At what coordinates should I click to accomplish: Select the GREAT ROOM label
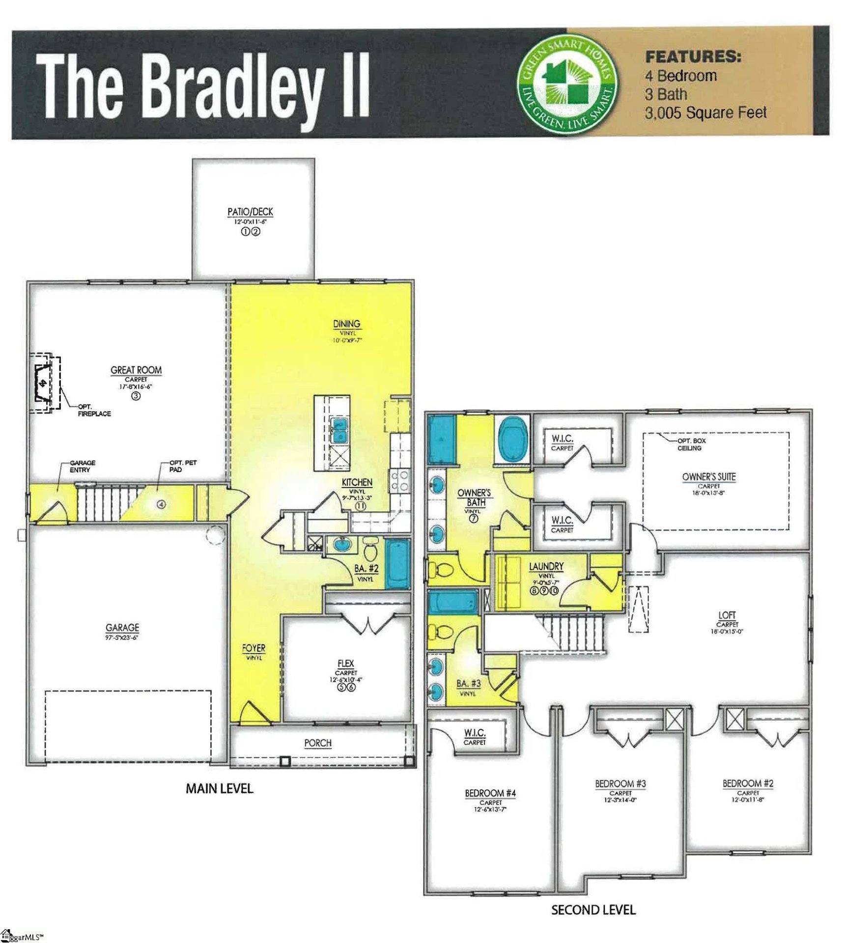136,370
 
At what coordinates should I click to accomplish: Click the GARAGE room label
122,628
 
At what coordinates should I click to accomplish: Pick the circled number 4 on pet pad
162,504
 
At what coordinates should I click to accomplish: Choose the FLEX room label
346,664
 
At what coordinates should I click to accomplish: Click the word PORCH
318,743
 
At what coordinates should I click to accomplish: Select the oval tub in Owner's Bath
513,439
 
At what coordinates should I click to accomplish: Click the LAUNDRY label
546,567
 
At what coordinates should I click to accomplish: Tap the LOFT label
727,615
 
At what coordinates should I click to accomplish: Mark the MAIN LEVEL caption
219,789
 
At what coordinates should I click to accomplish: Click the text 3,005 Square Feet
705,113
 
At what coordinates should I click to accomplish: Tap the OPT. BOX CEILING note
691,444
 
